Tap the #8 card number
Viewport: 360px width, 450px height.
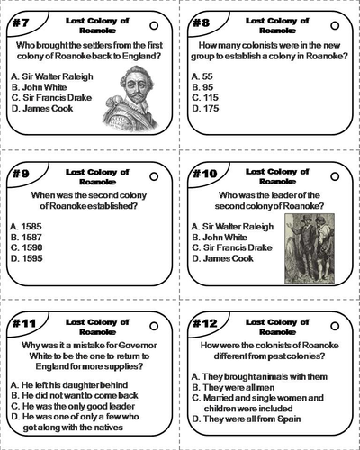(202, 21)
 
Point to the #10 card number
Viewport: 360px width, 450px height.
(205, 170)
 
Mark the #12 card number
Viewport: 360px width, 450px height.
(205, 320)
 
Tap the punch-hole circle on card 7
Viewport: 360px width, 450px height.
(154, 24)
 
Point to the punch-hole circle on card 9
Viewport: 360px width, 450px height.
(154, 174)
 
